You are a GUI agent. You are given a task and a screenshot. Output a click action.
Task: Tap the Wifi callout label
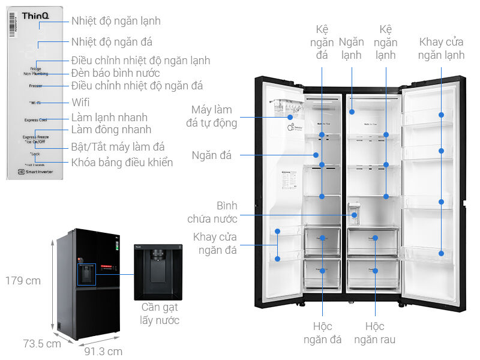click(80, 103)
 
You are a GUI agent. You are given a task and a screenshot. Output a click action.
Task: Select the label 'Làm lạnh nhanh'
click(109, 117)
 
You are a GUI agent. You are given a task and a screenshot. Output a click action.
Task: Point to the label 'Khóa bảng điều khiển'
click(122, 162)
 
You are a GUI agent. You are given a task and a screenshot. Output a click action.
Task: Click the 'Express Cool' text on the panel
click(35, 120)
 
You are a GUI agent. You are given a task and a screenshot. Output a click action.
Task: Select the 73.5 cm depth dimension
click(42, 344)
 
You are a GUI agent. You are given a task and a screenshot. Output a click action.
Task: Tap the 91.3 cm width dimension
click(103, 352)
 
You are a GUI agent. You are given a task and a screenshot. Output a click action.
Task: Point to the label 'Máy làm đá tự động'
click(214, 116)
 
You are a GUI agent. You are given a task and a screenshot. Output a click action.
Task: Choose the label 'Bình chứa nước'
click(219, 212)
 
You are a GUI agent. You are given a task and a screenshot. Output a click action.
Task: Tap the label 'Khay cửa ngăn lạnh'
click(442, 48)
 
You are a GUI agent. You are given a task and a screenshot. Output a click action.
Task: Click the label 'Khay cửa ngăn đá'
click(215, 244)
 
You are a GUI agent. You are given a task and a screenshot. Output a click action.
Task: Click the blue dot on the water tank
click(355, 214)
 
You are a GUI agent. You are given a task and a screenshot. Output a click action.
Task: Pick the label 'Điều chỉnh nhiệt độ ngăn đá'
click(137, 86)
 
